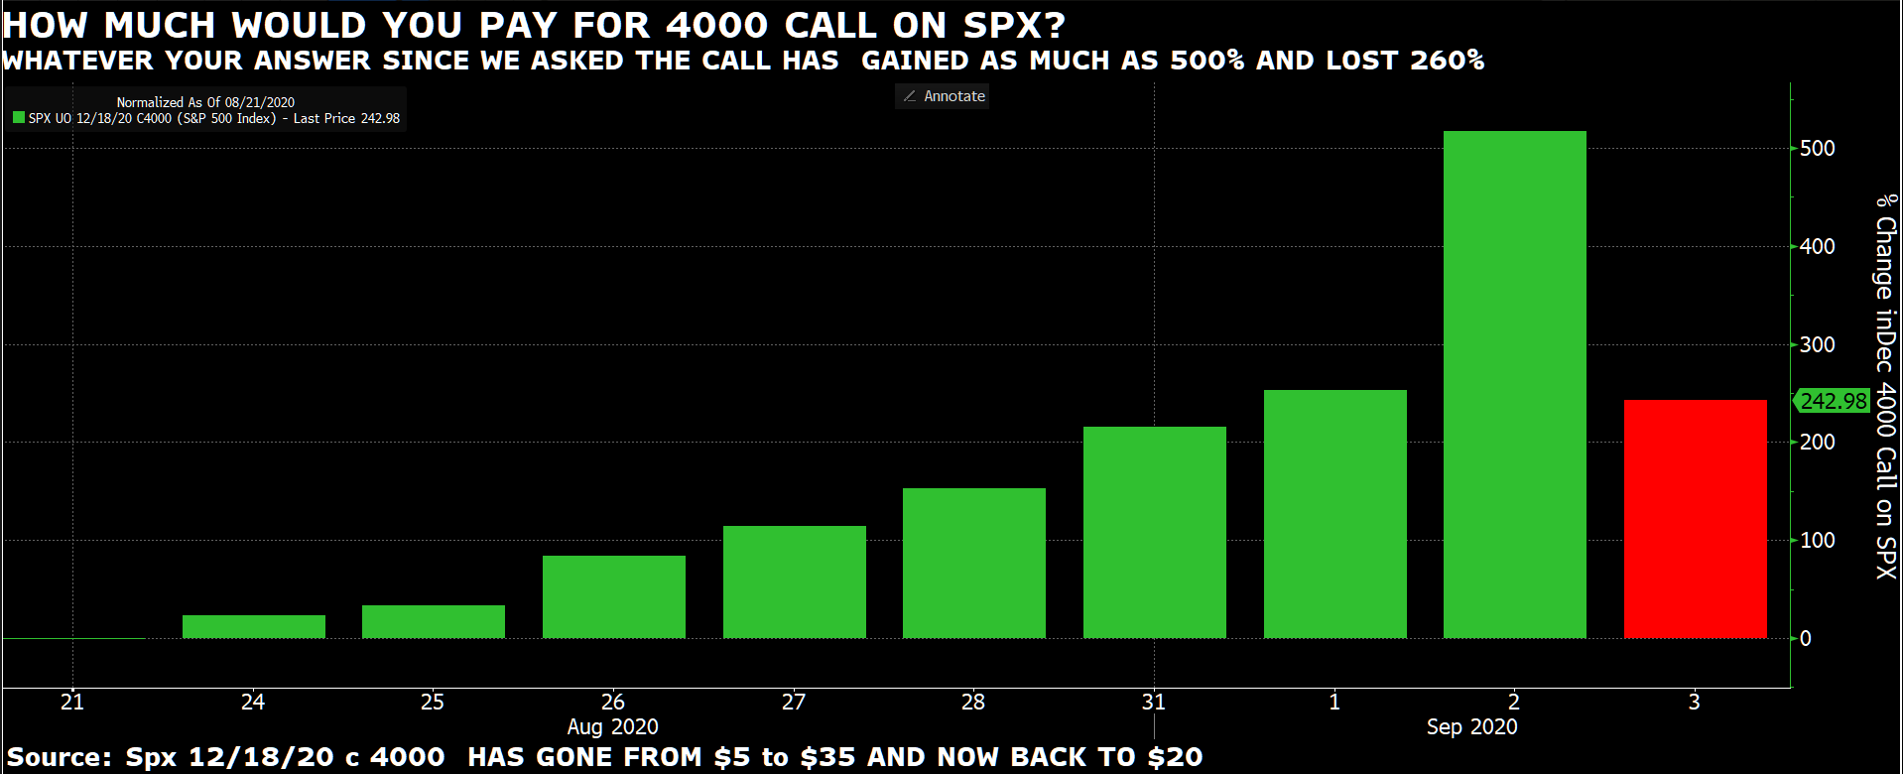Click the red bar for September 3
1695,519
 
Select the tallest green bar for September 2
1514,385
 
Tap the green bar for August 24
254,626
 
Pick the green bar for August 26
614,596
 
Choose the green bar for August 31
1155,532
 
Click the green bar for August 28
974,563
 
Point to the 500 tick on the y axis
1817,148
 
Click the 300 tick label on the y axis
1817,344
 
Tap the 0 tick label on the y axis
1806,638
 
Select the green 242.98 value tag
1832,401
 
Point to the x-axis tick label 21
72,702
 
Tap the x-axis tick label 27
794,702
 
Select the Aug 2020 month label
613,726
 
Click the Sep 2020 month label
1472,726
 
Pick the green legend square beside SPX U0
19,117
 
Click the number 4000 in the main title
716,25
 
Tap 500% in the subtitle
1206,61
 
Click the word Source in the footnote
59,757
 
